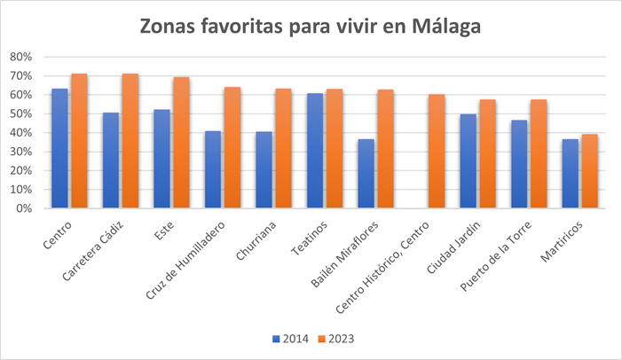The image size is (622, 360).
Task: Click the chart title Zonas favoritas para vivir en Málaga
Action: click(311, 27)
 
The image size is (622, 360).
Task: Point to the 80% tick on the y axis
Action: click(20, 57)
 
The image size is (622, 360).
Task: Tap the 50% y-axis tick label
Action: click(20, 114)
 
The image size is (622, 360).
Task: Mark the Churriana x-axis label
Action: click(258, 239)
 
